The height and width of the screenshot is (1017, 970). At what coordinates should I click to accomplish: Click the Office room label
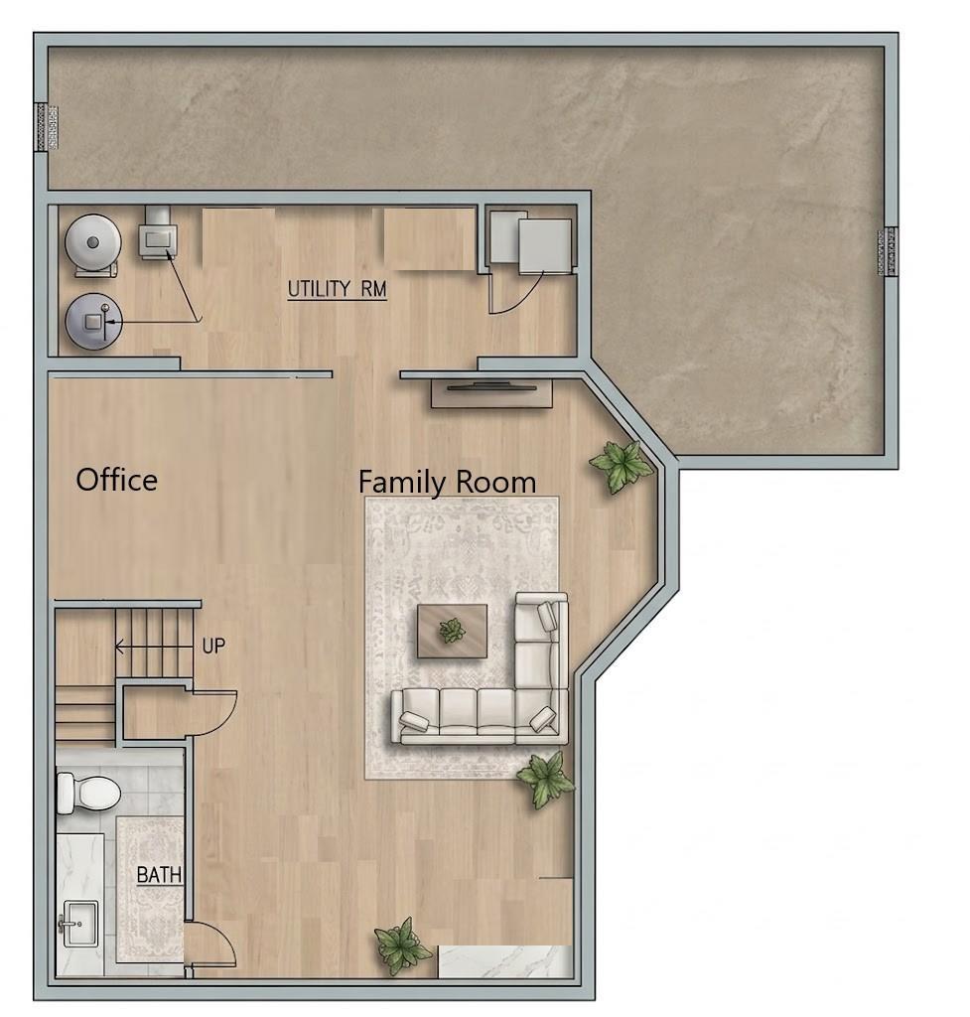click(x=117, y=480)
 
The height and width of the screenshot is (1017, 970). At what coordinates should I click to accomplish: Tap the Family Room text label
click(x=448, y=483)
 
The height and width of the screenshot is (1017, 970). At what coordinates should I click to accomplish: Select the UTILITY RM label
click(x=338, y=289)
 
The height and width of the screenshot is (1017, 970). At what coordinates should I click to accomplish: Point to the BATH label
click(x=159, y=875)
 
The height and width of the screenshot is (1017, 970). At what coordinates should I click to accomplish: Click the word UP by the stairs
click(x=213, y=646)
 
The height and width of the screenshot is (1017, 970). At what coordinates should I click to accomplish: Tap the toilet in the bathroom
click(x=88, y=792)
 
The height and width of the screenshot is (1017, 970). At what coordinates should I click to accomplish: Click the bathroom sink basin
click(x=78, y=924)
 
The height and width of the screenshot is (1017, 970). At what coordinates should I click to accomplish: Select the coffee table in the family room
click(x=452, y=631)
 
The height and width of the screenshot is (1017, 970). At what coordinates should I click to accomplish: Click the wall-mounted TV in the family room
click(x=491, y=388)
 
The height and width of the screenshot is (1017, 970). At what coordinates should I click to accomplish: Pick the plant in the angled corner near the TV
click(x=620, y=465)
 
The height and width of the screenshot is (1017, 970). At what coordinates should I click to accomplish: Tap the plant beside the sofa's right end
click(x=545, y=780)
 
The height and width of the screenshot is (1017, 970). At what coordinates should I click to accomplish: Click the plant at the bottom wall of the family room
click(x=402, y=945)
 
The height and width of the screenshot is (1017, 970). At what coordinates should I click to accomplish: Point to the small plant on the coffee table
click(x=452, y=630)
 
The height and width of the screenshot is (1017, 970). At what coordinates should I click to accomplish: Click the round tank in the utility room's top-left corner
click(x=93, y=242)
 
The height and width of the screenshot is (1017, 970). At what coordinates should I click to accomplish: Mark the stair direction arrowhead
click(x=119, y=646)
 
